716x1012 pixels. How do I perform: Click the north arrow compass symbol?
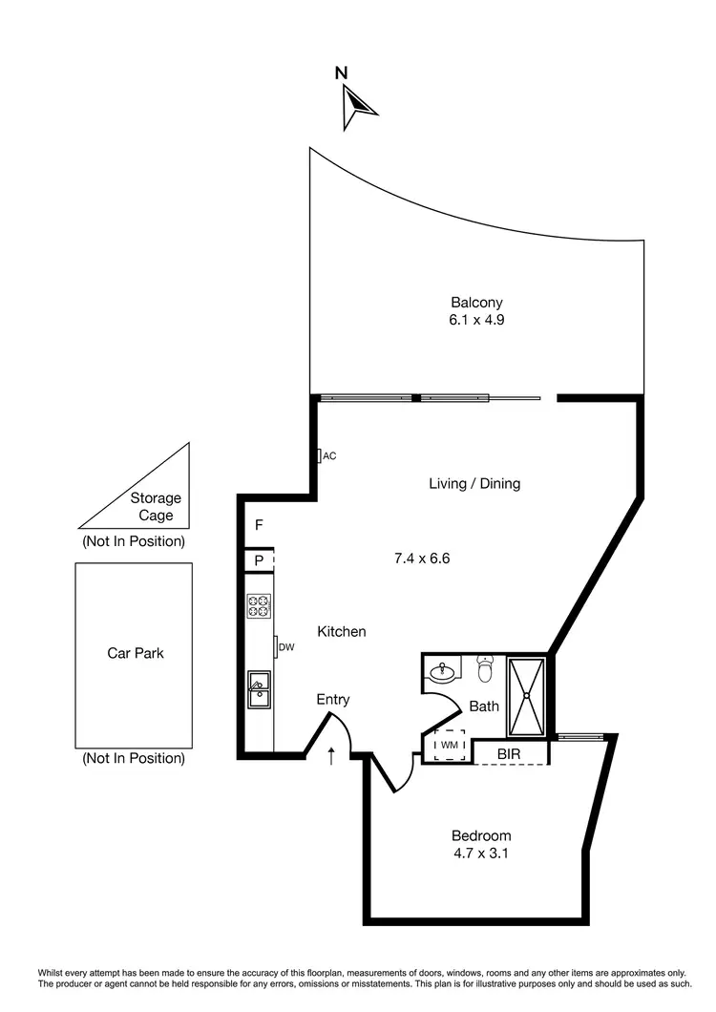coord(357,104)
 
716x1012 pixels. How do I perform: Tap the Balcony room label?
coord(476,302)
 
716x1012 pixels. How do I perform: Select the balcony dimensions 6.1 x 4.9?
coord(476,321)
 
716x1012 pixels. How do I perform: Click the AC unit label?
coord(328,456)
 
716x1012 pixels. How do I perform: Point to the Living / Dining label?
coord(474,484)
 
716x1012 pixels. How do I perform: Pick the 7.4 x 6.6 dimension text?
coord(422,558)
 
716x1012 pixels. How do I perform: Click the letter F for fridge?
coord(259,525)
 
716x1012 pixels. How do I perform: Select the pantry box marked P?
coord(259,560)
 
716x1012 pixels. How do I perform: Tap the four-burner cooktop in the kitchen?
coord(259,605)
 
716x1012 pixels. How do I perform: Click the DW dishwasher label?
coord(286,648)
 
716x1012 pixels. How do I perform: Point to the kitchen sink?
coord(259,689)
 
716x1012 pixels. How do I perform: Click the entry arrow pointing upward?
coord(331,756)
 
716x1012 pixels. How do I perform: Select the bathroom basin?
coord(442,672)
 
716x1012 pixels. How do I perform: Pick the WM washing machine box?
coord(450,745)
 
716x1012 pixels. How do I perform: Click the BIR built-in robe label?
coord(509,753)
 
